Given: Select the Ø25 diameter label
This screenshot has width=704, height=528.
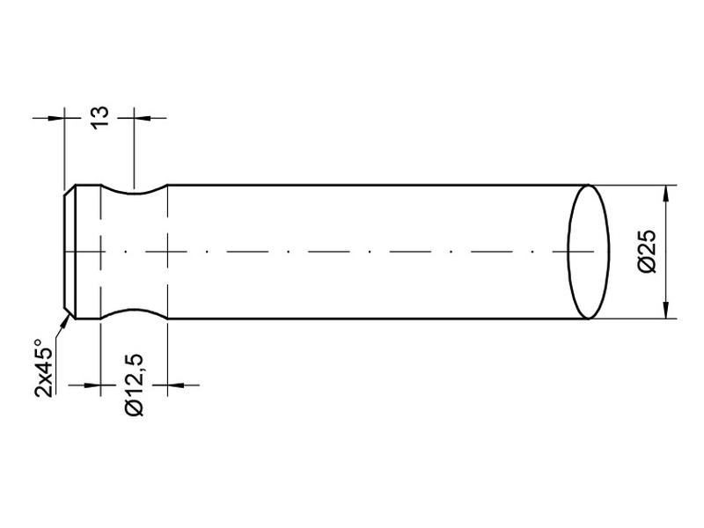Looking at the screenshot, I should pyautogui.click(x=647, y=252).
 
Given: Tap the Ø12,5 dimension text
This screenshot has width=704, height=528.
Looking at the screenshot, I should pyautogui.click(x=135, y=385).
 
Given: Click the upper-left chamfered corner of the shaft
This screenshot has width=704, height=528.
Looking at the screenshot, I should pyautogui.click(x=70, y=188).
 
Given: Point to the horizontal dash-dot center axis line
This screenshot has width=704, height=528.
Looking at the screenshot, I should pyautogui.click(x=352, y=252).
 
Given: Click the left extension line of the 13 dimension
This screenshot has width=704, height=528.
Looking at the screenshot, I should pyautogui.click(x=66, y=150).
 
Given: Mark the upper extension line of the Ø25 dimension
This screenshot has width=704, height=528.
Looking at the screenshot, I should pyautogui.click(x=634, y=185).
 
